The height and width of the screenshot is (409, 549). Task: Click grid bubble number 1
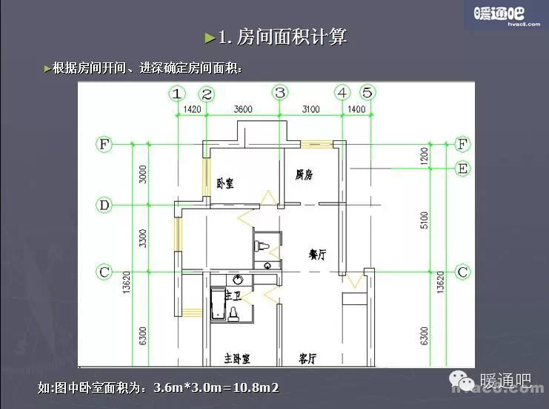click(x=176, y=94)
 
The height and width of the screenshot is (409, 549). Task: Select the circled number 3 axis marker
click(x=280, y=93)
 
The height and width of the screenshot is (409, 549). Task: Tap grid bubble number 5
click(x=367, y=93)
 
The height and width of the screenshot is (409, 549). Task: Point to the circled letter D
click(x=104, y=204)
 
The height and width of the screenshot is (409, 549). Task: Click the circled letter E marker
click(x=462, y=169)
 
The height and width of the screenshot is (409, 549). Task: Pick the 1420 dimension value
click(x=191, y=110)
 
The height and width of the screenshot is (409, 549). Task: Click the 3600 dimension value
click(x=243, y=110)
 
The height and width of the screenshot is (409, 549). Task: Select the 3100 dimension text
click(x=310, y=110)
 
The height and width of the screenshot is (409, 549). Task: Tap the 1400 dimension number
click(x=356, y=110)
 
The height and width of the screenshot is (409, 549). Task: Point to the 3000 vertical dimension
click(x=144, y=174)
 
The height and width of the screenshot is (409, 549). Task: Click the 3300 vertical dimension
click(x=144, y=238)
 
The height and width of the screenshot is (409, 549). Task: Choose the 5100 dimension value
click(x=424, y=220)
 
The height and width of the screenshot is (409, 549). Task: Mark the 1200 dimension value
click(x=424, y=156)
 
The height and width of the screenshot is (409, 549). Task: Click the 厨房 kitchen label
click(x=304, y=175)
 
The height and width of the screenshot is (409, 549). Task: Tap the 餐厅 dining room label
click(x=318, y=254)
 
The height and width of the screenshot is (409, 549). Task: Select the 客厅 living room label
click(x=308, y=359)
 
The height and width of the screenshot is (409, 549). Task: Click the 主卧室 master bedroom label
click(x=237, y=359)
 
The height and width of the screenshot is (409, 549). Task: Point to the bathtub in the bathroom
click(x=217, y=304)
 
